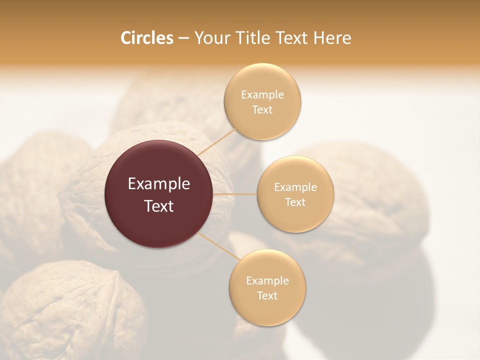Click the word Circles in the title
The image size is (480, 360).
click(x=146, y=38)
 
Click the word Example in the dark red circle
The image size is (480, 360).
click(x=159, y=184)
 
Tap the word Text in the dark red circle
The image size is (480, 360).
click(x=159, y=206)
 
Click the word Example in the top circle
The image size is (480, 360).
click(x=262, y=95)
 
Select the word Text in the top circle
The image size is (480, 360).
click(x=262, y=110)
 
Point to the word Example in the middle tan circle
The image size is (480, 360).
click(x=295, y=187)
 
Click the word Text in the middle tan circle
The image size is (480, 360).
click(x=295, y=202)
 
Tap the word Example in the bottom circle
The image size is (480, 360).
click(x=267, y=281)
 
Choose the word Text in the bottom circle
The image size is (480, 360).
click(x=267, y=296)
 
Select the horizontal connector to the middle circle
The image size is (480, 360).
click(x=235, y=194)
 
